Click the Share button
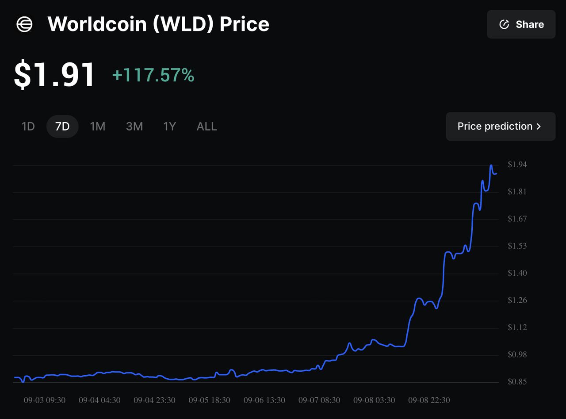(521, 24)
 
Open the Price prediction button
(500, 127)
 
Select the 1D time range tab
(28, 127)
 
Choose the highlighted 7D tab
(62, 127)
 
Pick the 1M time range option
(97, 127)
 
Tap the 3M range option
(134, 127)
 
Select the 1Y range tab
(169, 127)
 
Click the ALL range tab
(207, 127)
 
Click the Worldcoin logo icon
(24, 24)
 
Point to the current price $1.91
(54, 75)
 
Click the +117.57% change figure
(153, 75)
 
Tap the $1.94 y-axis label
(517, 165)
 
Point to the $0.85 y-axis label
(517, 382)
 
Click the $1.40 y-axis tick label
(517, 273)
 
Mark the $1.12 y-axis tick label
(517, 327)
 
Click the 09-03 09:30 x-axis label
(44, 400)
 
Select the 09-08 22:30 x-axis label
(429, 400)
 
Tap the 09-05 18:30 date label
(209, 400)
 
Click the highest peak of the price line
(491, 165)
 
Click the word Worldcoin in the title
(97, 24)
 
